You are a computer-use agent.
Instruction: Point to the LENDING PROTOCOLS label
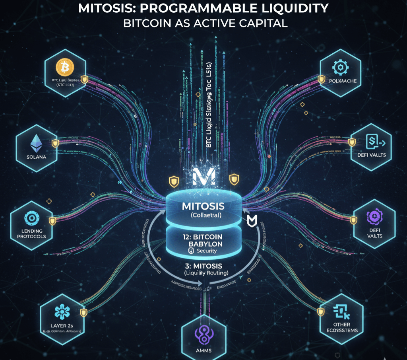click(31, 234)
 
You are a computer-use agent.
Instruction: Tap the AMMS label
click(203, 350)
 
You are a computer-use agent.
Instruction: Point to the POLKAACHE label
click(340, 81)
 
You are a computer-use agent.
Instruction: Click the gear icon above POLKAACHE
click(340, 67)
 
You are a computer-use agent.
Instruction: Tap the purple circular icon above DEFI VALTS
click(374, 217)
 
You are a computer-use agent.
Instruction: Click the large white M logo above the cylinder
click(203, 175)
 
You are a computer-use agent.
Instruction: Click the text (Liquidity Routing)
click(203, 273)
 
